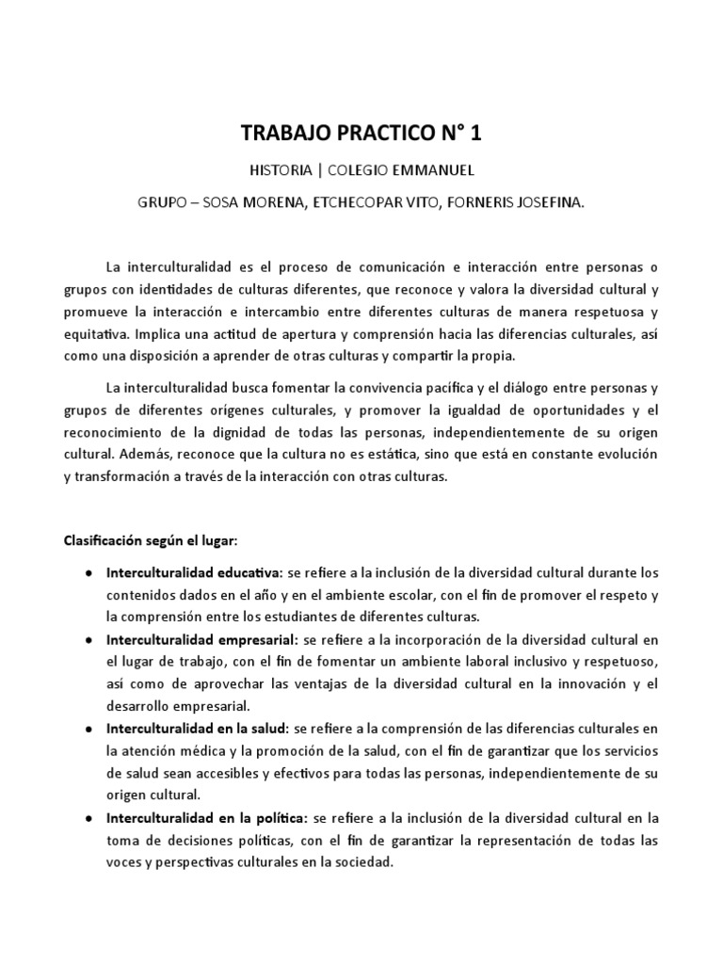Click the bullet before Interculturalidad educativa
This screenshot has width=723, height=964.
(88, 572)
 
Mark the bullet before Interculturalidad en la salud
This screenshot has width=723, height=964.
(88, 730)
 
